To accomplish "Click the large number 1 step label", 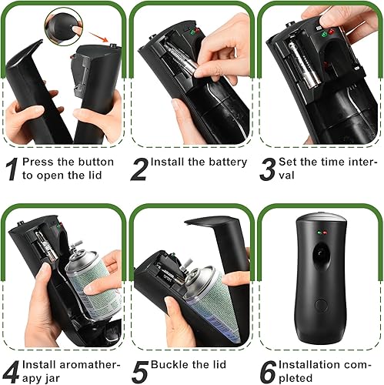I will tap(12, 169).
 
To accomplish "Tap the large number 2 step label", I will tap(139, 169).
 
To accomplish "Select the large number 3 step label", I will tap(267, 169).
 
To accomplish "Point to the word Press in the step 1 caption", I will tap(36, 162).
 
